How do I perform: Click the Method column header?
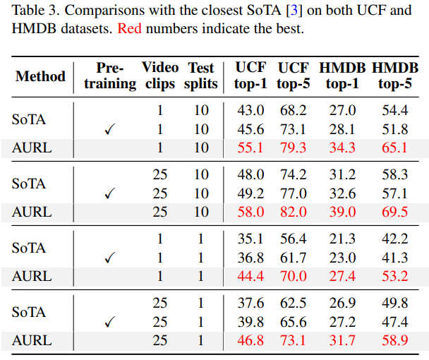coord(40,76)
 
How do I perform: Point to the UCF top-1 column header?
coord(250,76)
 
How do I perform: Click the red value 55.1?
coord(250,148)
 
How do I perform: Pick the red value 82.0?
coord(293,212)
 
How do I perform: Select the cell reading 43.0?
coord(250,111)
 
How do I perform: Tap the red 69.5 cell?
coord(394,212)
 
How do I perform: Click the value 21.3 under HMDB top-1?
coord(342,239)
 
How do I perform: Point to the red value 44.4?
coord(250,276)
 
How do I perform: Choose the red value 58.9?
coord(394,340)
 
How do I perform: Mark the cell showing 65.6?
coord(293,322)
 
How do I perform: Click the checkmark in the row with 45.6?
coord(109,130)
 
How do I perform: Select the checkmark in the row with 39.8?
coord(109,323)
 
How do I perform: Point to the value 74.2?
coord(293,175)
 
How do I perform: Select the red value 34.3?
coord(342,148)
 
